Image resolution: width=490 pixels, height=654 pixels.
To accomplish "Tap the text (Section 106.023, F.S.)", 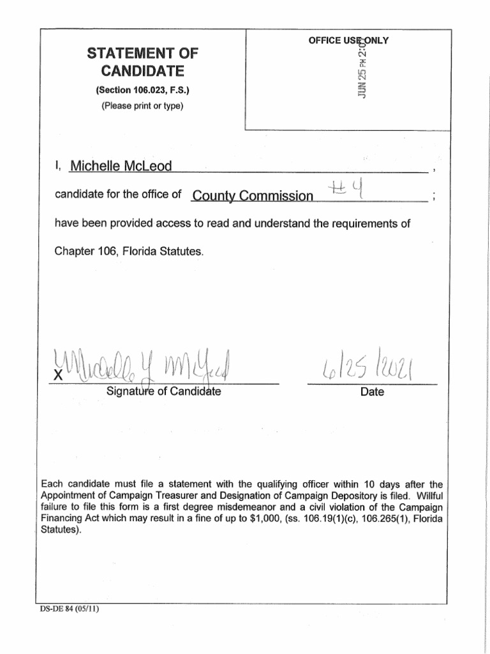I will click(142, 91).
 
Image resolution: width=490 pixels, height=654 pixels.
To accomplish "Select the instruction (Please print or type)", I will click(142, 106).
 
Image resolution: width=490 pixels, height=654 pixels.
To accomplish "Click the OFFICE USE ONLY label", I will click(348, 41).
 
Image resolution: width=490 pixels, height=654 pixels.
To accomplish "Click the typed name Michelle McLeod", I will click(121, 166).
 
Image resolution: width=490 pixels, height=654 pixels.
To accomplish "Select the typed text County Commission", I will click(253, 196).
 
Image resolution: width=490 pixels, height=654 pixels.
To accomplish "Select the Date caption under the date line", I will click(372, 392).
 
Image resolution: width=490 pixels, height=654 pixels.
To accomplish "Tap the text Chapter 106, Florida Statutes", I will click(130, 252).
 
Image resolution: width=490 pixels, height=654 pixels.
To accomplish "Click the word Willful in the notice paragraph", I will click(427, 496).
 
